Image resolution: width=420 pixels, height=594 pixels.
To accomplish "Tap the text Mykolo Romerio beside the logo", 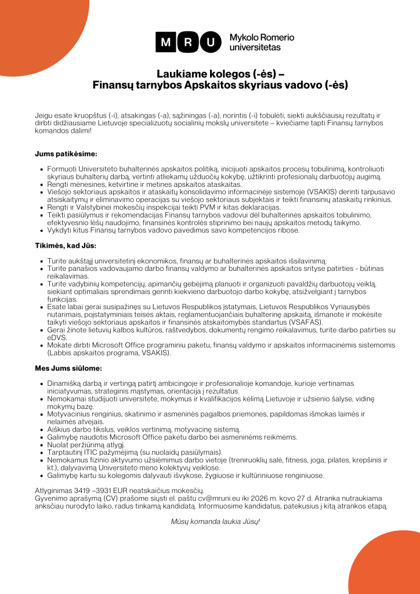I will pyautogui.click(x=262, y=37).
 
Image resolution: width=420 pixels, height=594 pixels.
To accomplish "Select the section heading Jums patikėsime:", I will pyautogui.click(x=66, y=154).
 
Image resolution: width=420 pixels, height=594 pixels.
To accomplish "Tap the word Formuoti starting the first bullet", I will pyautogui.click(x=63, y=169).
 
